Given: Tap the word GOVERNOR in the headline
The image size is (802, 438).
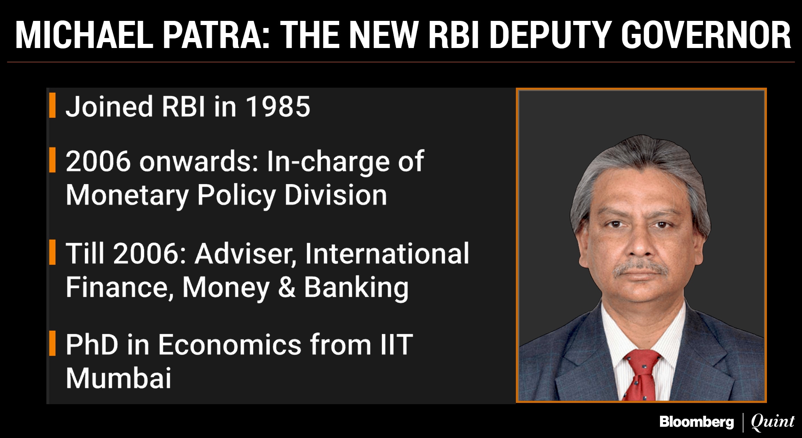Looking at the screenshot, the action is pos(706,35).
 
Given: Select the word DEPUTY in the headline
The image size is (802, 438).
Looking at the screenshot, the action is pos(551,35).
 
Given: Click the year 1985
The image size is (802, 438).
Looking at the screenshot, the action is pos(278,106).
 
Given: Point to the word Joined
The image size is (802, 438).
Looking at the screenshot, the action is pos(109,106).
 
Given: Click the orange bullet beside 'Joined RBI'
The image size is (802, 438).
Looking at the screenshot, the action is pos(52,105).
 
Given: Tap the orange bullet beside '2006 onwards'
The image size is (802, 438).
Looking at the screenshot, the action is pos(52,160).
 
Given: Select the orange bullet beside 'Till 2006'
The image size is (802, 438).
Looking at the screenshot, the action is pos(52,252).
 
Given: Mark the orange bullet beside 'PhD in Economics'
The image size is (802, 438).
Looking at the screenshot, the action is pos(52,343).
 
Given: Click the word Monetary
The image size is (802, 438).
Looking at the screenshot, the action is pos(127,195).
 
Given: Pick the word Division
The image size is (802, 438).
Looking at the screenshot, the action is pos(336,195).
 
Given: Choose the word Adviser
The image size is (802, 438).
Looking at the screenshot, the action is pos(246,254).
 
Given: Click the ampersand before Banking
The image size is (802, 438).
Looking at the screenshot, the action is pos(287,287).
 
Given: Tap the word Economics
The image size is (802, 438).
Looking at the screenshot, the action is pos(230,345).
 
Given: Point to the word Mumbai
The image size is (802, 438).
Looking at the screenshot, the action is pos(119,378).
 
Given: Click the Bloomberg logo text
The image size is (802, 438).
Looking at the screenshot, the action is pos(696,422).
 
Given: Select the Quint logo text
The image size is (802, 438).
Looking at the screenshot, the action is pos(772,422).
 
